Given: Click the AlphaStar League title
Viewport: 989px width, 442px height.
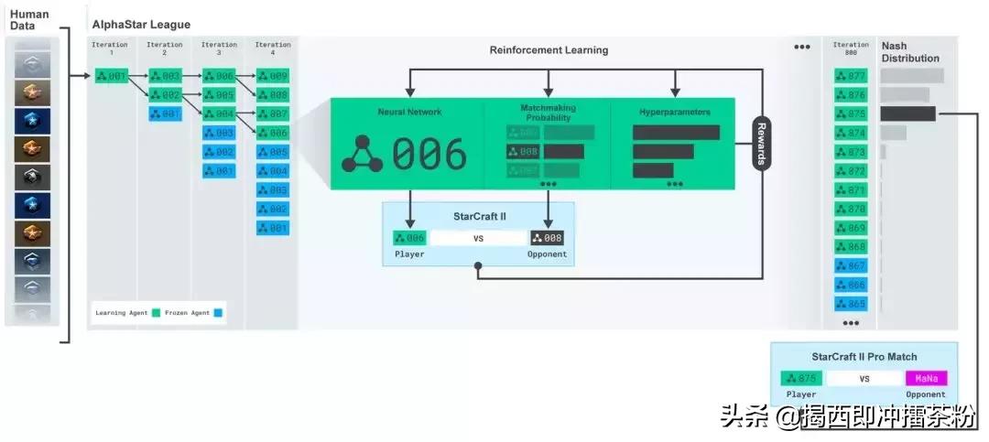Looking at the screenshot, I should pyautogui.click(x=141, y=25).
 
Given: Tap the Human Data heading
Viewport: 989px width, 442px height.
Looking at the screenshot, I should pyautogui.click(x=29, y=20).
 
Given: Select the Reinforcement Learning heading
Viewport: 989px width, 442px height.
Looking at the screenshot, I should pyautogui.click(x=549, y=50).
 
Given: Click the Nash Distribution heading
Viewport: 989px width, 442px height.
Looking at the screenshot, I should pyautogui.click(x=909, y=52).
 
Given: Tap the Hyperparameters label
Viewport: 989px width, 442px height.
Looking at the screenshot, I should pyautogui.click(x=674, y=113).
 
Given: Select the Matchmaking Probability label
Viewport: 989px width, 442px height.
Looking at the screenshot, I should pyautogui.click(x=548, y=113).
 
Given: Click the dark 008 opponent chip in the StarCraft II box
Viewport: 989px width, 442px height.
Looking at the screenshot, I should pyautogui.click(x=547, y=238).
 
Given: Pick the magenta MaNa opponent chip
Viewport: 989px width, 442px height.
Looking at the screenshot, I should pyautogui.click(x=927, y=378).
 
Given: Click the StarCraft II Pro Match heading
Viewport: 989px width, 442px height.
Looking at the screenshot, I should pyautogui.click(x=864, y=356).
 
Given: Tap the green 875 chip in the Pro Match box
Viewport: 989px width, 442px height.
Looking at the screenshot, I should pyautogui.click(x=801, y=378).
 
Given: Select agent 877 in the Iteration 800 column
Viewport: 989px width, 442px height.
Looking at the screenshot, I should pyautogui.click(x=851, y=76).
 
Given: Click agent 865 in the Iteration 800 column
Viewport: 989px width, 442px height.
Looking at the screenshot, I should pyautogui.click(x=851, y=303).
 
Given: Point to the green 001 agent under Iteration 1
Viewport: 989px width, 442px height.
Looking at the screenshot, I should pyautogui.click(x=112, y=76).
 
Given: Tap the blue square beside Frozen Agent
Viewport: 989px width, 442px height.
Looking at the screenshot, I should pyautogui.click(x=217, y=313).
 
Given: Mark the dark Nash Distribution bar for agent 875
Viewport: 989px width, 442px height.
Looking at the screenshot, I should pyautogui.click(x=907, y=113).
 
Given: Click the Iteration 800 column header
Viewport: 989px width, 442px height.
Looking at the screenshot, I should pyautogui.click(x=851, y=49).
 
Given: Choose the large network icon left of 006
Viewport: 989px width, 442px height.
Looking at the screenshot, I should pyautogui.click(x=362, y=154).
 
